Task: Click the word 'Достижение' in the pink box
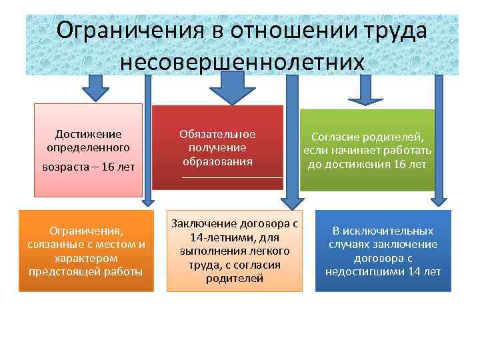pos(89,134)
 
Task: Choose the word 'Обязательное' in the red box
pos(217,134)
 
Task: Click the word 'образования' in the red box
pos(217,162)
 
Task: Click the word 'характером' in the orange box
pos(86,257)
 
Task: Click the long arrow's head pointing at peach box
pos(292,203)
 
